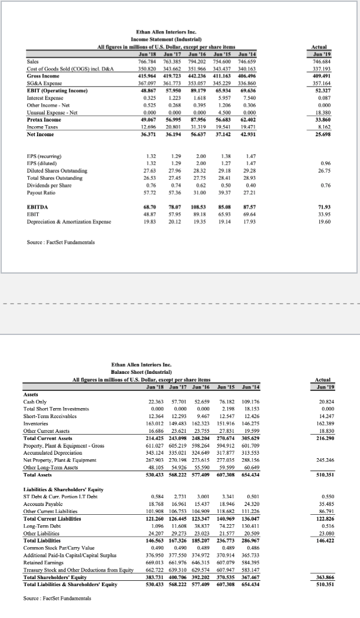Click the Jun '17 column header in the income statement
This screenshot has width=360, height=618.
point(170,54)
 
